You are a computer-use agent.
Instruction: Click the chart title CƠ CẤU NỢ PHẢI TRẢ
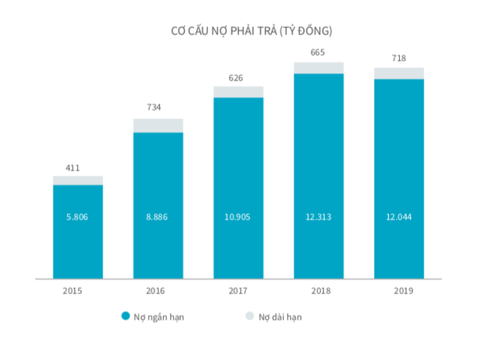point(251,31)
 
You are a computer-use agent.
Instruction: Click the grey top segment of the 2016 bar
point(158,125)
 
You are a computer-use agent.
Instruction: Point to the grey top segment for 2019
point(399,74)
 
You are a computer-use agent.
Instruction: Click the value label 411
point(73,167)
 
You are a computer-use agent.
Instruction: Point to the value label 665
point(317,53)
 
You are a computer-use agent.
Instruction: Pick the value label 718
point(399,58)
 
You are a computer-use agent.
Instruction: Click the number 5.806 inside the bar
point(77,218)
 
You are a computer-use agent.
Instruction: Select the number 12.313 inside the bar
point(319,218)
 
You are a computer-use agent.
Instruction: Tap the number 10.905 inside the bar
point(238,218)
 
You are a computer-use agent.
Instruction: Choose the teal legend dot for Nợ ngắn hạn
point(125,316)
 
